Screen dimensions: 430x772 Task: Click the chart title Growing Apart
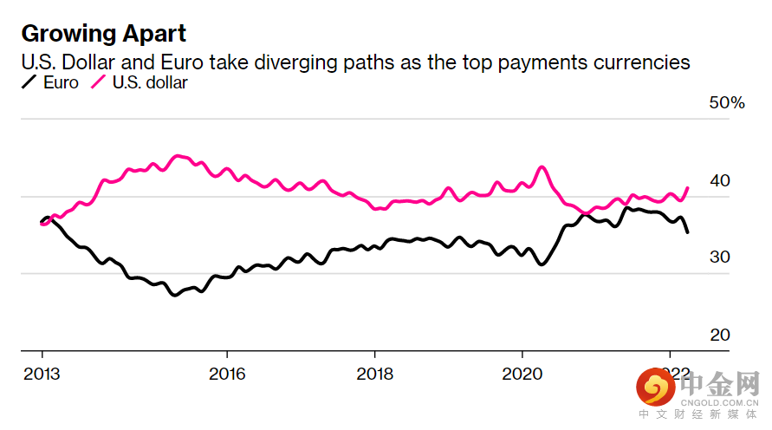point(103,35)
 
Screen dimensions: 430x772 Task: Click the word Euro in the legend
point(62,83)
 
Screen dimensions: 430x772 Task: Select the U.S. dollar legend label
point(150,83)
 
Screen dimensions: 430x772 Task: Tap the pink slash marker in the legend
point(99,83)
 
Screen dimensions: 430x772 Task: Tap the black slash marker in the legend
point(29,83)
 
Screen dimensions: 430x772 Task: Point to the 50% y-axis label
point(727,103)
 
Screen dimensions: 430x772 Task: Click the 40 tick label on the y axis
point(720,180)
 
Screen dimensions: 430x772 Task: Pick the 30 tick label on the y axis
point(720,257)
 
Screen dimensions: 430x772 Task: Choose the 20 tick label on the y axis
point(720,335)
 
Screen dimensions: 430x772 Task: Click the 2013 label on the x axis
point(42,374)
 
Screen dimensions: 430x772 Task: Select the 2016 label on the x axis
point(227,374)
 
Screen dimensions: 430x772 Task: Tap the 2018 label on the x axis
point(374,374)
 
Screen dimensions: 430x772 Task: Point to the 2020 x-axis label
point(522,374)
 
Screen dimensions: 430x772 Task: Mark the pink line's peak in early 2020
point(542,166)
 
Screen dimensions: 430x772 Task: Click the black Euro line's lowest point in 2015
point(174,296)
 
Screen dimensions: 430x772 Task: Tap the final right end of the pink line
point(688,187)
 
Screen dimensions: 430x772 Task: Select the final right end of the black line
point(688,232)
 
